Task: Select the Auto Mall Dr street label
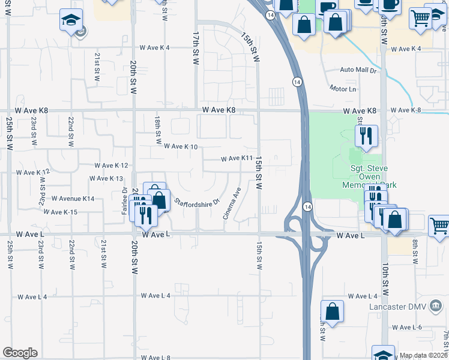(x=358, y=70)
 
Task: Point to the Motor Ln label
(x=343, y=89)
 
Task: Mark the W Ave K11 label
(x=236, y=158)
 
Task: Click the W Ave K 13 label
(x=106, y=179)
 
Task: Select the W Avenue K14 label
(x=73, y=198)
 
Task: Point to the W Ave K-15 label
(x=63, y=212)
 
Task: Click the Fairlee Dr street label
(x=124, y=205)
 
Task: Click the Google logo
(x=20, y=353)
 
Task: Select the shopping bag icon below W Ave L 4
(x=332, y=311)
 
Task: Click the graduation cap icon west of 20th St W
(x=71, y=21)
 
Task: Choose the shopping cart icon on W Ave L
(x=439, y=226)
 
